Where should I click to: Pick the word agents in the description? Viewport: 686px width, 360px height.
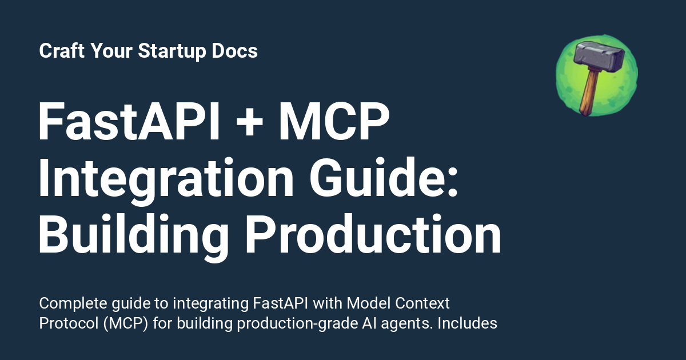409,324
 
